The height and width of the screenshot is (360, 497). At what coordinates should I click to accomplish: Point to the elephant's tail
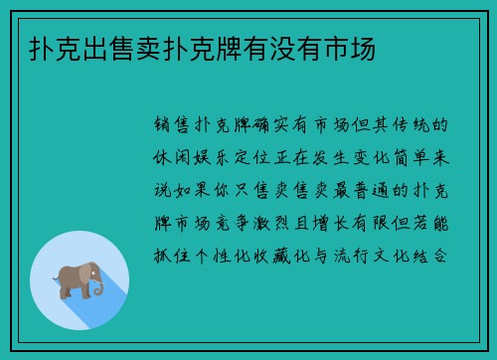(x=58, y=280)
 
